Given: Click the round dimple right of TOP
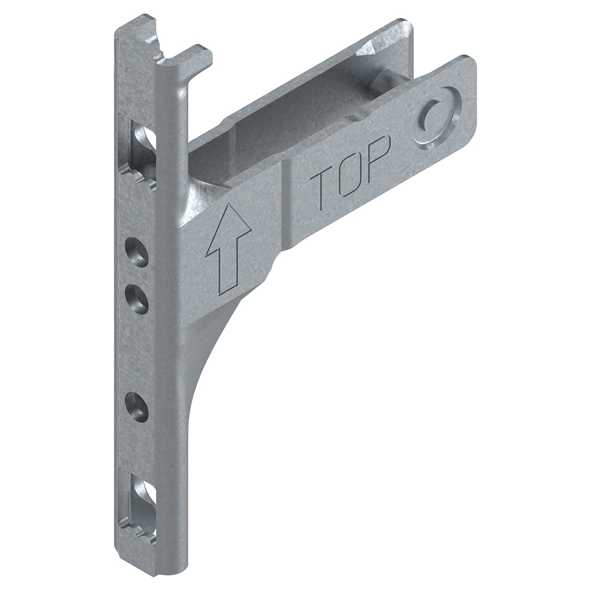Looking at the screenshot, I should click(x=437, y=117).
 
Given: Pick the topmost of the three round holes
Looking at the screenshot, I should click(x=136, y=251).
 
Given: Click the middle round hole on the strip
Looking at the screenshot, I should click(x=136, y=299).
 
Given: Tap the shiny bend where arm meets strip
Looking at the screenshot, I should click(x=203, y=197).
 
